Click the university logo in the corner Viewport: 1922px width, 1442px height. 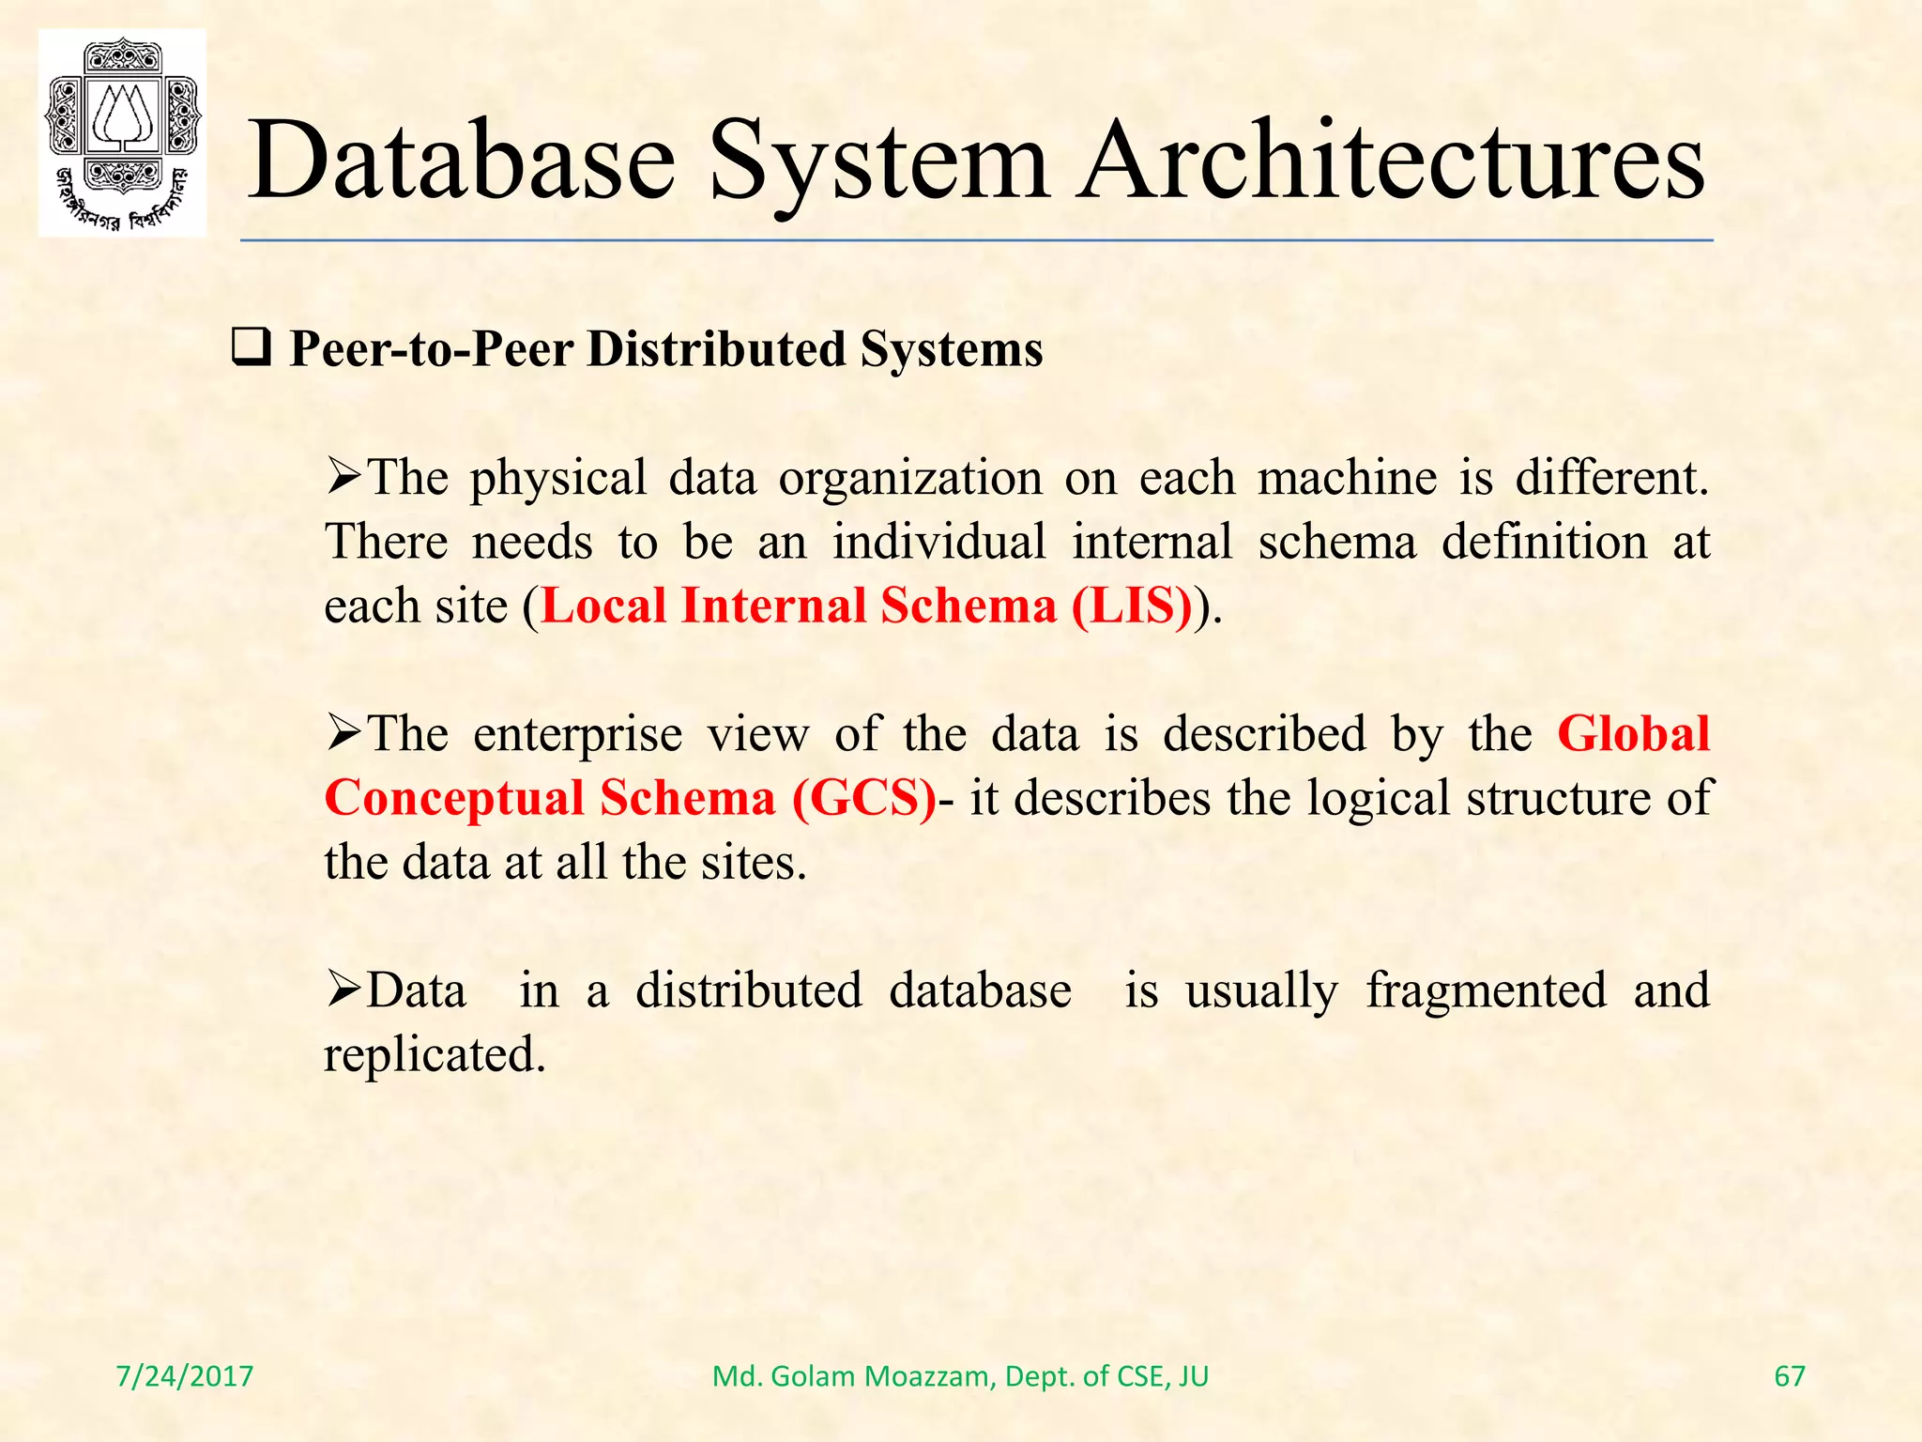pyautogui.click(x=122, y=132)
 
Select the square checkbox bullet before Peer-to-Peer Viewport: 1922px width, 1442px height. pyautogui.click(x=251, y=349)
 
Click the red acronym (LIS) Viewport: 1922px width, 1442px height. pyautogui.click(x=1132, y=606)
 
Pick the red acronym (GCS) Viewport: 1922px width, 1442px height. pyautogui.click(x=864, y=798)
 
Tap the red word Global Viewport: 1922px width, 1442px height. pyautogui.click(x=1634, y=733)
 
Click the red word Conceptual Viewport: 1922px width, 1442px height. pyautogui.click(x=454, y=800)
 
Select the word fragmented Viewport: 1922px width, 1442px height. pyautogui.click(x=1486, y=991)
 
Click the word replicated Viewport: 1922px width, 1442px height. pyautogui.click(x=434, y=1054)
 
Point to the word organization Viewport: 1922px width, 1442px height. pyautogui.click(x=910, y=479)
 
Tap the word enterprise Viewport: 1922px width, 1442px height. pyautogui.click(x=577, y=735)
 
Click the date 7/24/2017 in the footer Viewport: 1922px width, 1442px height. pyautogui.click(x=185, y=1376)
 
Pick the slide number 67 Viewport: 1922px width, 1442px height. pyautogui.click(x=1789, y=1376)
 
